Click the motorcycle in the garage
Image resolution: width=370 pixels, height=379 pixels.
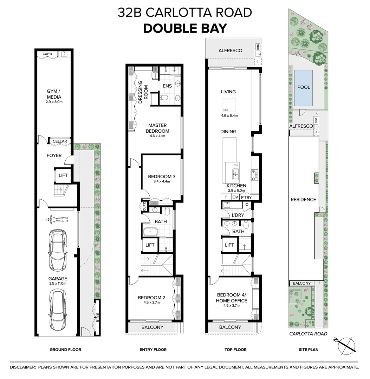57,219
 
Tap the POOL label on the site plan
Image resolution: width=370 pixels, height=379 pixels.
304,87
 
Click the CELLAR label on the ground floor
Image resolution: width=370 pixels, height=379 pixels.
60,141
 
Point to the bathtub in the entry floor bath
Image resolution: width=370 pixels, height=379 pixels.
150,232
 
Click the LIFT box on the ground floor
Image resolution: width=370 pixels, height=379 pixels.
63,175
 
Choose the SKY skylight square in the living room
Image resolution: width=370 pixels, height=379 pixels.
229,105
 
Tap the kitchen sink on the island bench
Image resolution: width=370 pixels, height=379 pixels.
235,174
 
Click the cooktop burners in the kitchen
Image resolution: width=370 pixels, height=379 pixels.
254,175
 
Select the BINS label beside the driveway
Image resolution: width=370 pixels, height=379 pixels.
97,318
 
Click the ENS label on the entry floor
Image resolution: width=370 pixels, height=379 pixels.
167,86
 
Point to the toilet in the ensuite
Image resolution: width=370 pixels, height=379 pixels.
164,98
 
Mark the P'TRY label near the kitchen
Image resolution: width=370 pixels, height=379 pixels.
246,197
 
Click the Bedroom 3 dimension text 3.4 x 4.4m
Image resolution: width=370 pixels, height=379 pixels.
162,181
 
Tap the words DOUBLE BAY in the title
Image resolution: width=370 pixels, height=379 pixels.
185,28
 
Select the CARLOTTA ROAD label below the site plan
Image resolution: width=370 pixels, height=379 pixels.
308,334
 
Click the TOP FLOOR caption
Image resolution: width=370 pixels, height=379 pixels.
235,350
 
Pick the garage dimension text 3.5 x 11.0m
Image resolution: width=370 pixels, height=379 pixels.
58,283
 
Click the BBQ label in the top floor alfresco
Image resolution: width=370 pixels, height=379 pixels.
258,46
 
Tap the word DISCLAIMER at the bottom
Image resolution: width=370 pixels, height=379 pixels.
22,367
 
